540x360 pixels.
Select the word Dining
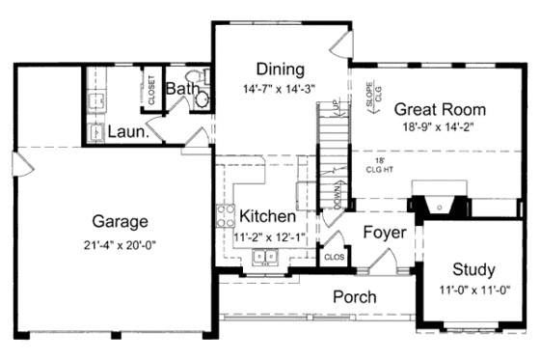281,69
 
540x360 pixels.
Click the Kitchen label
268,215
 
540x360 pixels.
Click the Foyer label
384,233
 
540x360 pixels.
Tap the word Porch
355,296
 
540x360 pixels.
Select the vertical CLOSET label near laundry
151,89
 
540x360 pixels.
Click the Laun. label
127,132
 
